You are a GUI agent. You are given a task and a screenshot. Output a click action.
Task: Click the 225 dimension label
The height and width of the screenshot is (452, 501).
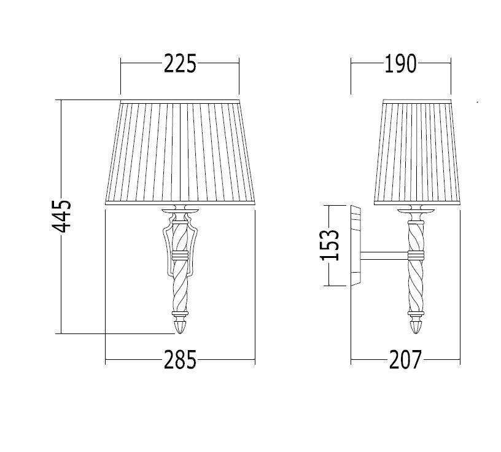pyautogui.click(x=180, y=64)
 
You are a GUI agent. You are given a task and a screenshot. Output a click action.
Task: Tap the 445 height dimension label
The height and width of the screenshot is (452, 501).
pyautogui.click(x=61, y=216)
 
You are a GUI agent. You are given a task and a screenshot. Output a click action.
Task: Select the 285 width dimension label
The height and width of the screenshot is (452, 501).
pyautogui.click(x=180, y=360)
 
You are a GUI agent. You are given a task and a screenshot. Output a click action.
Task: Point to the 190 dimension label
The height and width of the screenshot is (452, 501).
pyautogui.click(x=400, y=64)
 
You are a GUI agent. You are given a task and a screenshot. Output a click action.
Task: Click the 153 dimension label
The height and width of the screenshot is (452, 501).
pyautogui.click(x=330, y=245)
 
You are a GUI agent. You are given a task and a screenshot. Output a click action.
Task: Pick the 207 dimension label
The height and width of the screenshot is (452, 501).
pyautogui.click(x=405, y=360)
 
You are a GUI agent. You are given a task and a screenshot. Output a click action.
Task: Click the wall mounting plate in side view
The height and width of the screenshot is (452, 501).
pyautogui.click(x=355, y=246)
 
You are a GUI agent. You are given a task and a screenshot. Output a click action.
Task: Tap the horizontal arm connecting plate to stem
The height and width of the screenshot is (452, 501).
pyautogui.click(x=385, y=255)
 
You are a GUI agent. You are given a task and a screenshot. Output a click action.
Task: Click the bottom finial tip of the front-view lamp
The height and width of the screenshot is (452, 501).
pyautogui.click(x=180, y=333)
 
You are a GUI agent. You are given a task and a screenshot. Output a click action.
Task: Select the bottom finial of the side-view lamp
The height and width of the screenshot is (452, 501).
pyautogui.click(x=416, y=326)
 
